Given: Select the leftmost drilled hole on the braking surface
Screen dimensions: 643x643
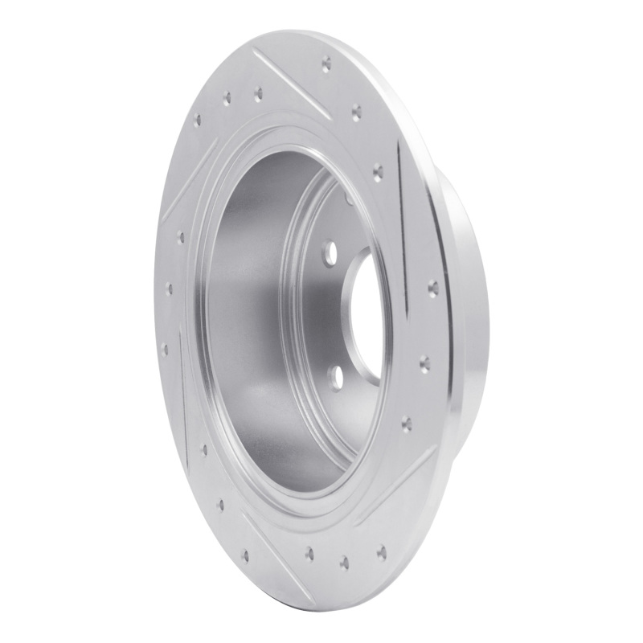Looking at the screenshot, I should [164, 349].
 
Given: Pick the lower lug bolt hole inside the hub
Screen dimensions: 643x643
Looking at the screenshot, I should [336, 376].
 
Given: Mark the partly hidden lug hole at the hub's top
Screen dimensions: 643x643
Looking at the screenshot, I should [348, 196].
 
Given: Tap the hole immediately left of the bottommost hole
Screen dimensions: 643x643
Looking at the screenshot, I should [309, 551].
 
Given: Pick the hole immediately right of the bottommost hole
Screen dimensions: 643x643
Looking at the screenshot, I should [381, 551].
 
